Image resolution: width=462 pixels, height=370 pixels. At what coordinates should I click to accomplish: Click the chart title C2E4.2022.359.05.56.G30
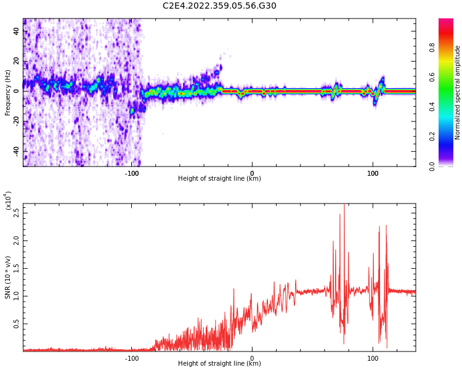[x=219, y=6]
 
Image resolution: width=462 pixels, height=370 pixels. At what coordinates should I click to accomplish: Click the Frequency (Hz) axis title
[x=8, y=92]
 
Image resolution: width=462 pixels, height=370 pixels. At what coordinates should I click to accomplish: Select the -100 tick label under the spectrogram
[x=132, y=173]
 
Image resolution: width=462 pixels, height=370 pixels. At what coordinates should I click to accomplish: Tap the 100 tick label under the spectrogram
[x=373, y=173]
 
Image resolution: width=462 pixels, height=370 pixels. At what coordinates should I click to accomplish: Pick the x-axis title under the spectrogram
[x=219, y=179]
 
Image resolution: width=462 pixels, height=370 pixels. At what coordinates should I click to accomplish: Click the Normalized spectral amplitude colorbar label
[x=458, y=92]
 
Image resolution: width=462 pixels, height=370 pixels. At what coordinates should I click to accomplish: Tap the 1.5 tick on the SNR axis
[x=15, y=269]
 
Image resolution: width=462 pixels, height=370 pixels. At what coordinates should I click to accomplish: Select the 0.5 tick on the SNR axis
[x=15, y=323]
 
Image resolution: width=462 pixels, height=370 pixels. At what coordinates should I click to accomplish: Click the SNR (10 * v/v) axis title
[x=8, y=277]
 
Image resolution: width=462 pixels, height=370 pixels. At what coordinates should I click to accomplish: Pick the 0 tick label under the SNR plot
[x=252, y=358]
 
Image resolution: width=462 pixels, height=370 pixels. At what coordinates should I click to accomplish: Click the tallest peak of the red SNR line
[x=344, y=205]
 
